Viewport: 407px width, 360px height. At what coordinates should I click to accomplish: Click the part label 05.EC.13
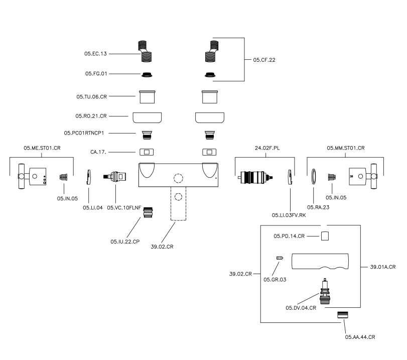click(95, 53)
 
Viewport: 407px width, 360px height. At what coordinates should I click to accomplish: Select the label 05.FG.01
click(96, 74)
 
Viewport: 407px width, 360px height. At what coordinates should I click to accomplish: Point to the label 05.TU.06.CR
click(92, 95)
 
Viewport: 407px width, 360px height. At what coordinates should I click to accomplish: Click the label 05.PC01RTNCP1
click(86, 133)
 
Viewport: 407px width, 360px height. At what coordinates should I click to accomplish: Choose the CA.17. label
click(98, 151)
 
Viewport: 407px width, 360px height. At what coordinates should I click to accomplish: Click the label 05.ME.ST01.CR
click(42, 148)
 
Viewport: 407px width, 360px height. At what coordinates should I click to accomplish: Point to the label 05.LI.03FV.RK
click(289, 215)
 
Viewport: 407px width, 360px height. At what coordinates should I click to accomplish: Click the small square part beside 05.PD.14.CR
click(325, 236)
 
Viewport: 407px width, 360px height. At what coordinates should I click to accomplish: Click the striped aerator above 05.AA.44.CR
click(343, 314)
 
